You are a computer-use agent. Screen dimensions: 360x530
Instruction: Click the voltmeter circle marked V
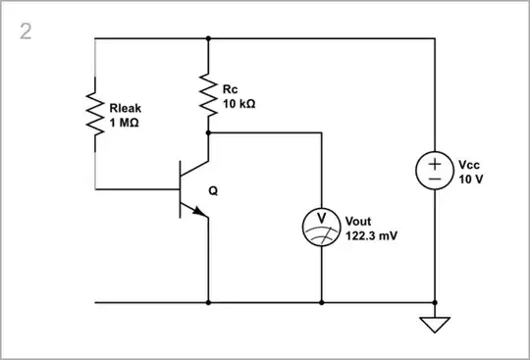tap(322, 225)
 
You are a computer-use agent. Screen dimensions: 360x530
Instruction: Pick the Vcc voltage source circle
tap(435, 171)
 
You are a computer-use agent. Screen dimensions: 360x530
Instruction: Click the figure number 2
tap(26, 31)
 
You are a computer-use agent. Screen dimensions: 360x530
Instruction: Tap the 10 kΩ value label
tap(239, 103)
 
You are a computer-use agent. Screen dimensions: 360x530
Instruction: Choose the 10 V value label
tap(471, 180)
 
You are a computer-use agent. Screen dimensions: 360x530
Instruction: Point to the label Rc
tap(230, 89)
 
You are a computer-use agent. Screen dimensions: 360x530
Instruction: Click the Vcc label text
tap(470, 166)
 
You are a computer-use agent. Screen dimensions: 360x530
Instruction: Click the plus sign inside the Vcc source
tap(435, 163)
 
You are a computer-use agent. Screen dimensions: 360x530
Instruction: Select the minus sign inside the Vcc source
tap(435, 180)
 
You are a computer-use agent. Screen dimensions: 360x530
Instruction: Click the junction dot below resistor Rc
tap(208, 132)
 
